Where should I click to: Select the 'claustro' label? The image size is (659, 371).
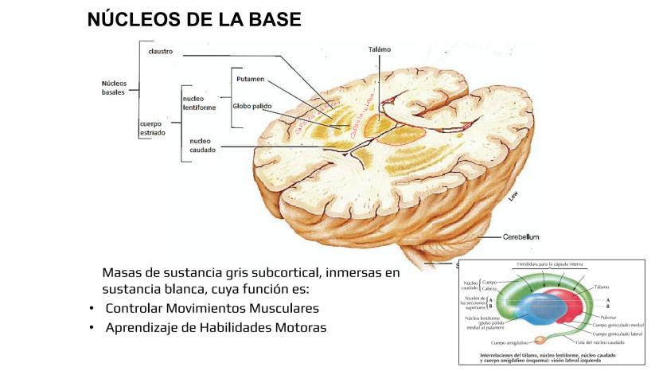161,53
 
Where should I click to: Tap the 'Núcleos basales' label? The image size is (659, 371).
114,87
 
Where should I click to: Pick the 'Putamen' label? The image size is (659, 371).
251,80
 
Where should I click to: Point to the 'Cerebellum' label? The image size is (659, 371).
521,236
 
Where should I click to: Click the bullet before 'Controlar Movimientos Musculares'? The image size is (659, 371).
92,309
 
